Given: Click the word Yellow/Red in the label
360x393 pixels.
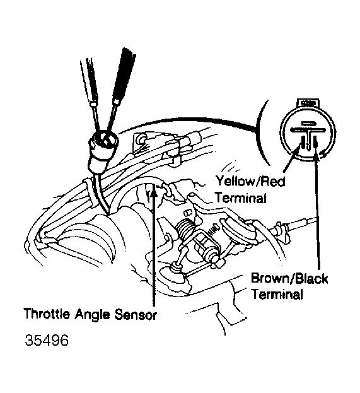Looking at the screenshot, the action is tap(250, 180).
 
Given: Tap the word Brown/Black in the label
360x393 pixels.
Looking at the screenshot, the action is tap(289, 278).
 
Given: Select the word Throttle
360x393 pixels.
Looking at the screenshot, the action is tap(47, 314).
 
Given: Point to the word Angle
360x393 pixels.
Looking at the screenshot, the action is tap(92, 314).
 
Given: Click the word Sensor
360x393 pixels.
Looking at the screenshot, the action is tap(136, 314).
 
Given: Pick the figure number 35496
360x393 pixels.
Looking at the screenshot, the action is tap(47, 341).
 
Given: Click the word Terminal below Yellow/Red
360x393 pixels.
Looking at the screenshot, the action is tap(240, 198).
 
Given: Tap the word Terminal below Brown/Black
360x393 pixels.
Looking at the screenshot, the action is tap(277, 294).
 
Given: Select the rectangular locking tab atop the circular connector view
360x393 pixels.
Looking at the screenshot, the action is tap(308, 103).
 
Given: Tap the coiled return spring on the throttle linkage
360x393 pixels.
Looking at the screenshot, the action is tap(185, 229).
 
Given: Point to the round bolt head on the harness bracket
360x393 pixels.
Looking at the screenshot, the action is tap(142, 139).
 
